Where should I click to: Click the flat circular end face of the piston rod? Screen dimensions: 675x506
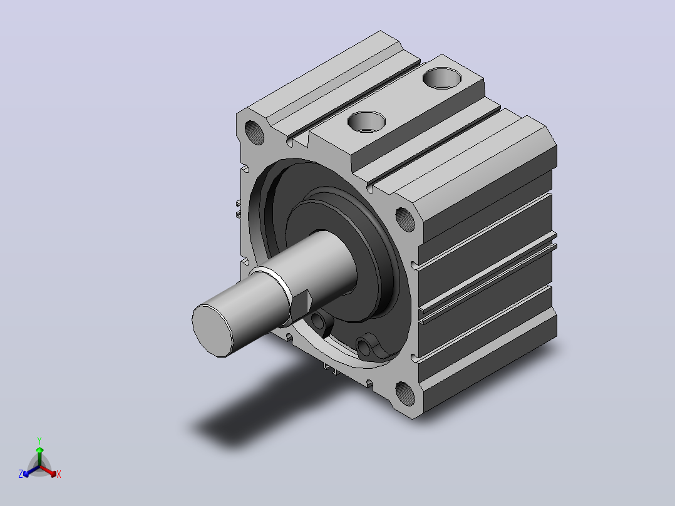pos(212,330)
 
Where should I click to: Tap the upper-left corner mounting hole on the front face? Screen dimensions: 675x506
pos(254,132)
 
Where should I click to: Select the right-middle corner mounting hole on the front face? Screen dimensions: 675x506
pos(405,219)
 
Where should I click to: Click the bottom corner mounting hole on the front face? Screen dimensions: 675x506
pos(405,393)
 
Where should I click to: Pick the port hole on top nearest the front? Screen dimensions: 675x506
pos(366,121)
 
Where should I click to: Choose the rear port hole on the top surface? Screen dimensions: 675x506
pos(442,78)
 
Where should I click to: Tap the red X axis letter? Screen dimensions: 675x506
pos(59,474)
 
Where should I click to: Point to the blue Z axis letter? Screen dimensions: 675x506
pos(21,474)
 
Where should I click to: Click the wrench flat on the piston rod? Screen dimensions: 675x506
pos(301,306)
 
